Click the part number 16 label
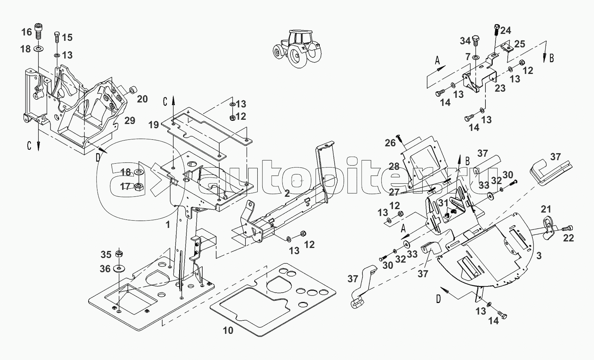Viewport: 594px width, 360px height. click(27, 32)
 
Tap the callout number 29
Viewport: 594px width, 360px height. click(130, 120)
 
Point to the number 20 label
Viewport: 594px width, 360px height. click(142, 99)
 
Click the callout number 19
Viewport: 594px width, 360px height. click(154, 124)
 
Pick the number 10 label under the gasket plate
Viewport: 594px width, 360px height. click(228, 330)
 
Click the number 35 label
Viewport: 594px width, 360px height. click(106, 255)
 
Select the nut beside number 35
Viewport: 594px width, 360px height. click(119, 254)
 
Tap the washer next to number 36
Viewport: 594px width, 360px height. click(119, 268)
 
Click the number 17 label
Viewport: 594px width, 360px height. click(125, 187)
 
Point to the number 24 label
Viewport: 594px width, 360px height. click(506, 30)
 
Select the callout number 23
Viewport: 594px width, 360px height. click(500, 88)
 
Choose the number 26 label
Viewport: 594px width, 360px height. click(390, 143)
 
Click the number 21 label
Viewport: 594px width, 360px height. click(546, 209)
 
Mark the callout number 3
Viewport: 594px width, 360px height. click(539, 255)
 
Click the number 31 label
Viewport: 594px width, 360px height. click(443, 203)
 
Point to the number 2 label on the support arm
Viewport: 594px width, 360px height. click(287, 193)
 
